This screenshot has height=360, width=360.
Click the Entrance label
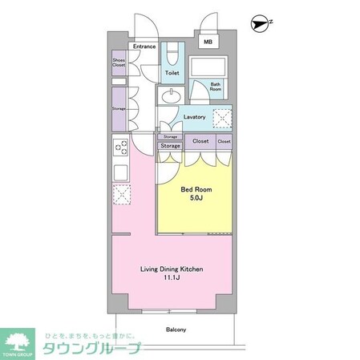tap(144, 47)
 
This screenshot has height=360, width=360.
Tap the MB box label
tap(208, 42)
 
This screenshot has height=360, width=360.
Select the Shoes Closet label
tap(119, 63)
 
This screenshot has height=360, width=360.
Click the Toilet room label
tap(172, 72)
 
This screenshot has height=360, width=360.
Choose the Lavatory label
tap(194, 117)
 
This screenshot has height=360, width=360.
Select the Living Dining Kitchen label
tap(172, 269)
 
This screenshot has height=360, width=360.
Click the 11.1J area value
tap(172, 280)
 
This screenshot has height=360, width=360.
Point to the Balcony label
tap(176, 330)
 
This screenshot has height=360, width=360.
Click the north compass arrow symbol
tap(258, 24)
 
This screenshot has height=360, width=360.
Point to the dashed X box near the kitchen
tap(120, 194)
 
